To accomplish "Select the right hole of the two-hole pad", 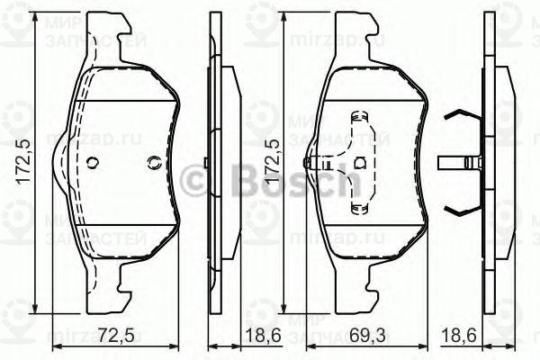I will tap(151, 163).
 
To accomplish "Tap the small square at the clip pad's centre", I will tap(360, 163).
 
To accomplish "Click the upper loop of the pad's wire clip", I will tap(358, 117).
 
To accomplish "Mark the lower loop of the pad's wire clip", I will tap(358, 209).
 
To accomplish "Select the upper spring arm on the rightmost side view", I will tap(459, 115).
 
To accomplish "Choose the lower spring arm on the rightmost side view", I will tap(459, 211).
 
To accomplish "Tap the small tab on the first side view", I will tap(206, 163).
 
